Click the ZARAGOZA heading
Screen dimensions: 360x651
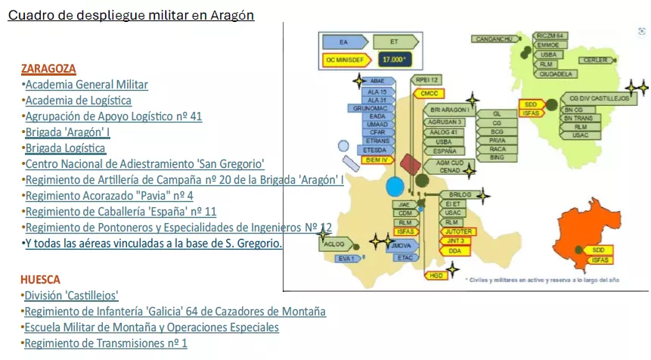click(x=48, y=69)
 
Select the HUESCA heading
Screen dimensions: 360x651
click(x=40, y=279)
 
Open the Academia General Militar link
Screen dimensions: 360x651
click(x=86, y=85)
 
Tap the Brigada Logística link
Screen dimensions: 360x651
click(x=66, y=148)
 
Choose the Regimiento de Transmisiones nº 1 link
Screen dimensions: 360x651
click(x=106, y=343)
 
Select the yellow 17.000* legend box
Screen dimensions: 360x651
click(x=393, y=58)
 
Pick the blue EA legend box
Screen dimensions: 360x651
click(x=343, y=42)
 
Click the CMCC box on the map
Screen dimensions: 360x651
click(x=429, y=94)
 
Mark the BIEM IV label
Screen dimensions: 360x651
click(x=377, y=160)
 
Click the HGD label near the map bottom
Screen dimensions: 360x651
click(x=436, y=276)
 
